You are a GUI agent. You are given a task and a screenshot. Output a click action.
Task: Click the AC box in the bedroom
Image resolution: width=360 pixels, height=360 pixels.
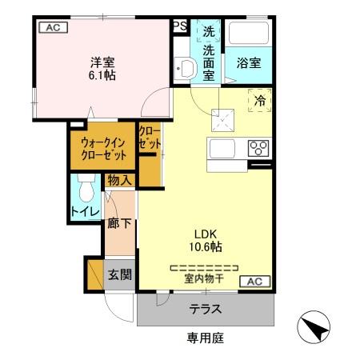(53, 27)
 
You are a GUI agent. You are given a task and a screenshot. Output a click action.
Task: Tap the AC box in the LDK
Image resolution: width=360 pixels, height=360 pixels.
(255, 282)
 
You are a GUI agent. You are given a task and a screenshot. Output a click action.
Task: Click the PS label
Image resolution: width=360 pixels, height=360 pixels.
(180, 26)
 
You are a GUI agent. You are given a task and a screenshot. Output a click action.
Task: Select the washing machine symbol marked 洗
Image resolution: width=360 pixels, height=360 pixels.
(209, 30)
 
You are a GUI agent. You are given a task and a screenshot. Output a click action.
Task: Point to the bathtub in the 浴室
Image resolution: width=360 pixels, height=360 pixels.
(249, 33)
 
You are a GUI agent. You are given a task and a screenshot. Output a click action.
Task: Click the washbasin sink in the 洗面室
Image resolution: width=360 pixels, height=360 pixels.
(186, 69)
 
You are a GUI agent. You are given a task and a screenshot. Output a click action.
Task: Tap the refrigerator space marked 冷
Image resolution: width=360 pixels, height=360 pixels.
(260, 100)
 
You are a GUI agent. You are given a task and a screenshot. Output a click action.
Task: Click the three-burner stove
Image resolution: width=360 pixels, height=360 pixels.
(258, 148)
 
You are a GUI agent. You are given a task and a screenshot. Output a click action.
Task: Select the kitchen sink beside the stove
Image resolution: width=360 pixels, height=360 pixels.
(222, 149)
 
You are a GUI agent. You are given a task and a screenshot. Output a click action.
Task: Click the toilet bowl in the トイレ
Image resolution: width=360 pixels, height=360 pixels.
(86, 188)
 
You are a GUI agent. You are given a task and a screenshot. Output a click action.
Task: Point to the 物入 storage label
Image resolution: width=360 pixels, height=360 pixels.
(120, 181)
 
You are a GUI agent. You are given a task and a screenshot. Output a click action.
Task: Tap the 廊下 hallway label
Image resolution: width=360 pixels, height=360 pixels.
(119, 223)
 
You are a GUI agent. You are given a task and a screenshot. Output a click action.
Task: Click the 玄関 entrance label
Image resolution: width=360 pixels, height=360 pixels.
(120, 274)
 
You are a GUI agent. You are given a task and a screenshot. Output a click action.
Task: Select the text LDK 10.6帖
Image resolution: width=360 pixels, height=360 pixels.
(206, 241)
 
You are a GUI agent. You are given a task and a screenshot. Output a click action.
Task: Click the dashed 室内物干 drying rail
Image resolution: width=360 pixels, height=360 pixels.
(204, 268)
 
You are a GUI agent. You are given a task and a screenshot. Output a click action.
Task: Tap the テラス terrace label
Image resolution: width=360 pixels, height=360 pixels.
(206, 310)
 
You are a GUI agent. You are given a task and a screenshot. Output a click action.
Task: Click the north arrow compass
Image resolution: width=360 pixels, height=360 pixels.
(314, 327)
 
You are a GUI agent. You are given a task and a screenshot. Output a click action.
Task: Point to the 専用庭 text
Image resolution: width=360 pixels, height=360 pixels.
(206, 338)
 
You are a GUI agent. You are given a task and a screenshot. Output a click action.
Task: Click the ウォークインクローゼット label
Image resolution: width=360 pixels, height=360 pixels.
(103, 149)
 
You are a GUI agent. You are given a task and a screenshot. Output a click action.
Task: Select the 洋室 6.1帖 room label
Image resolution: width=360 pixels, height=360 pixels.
(102, 69)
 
